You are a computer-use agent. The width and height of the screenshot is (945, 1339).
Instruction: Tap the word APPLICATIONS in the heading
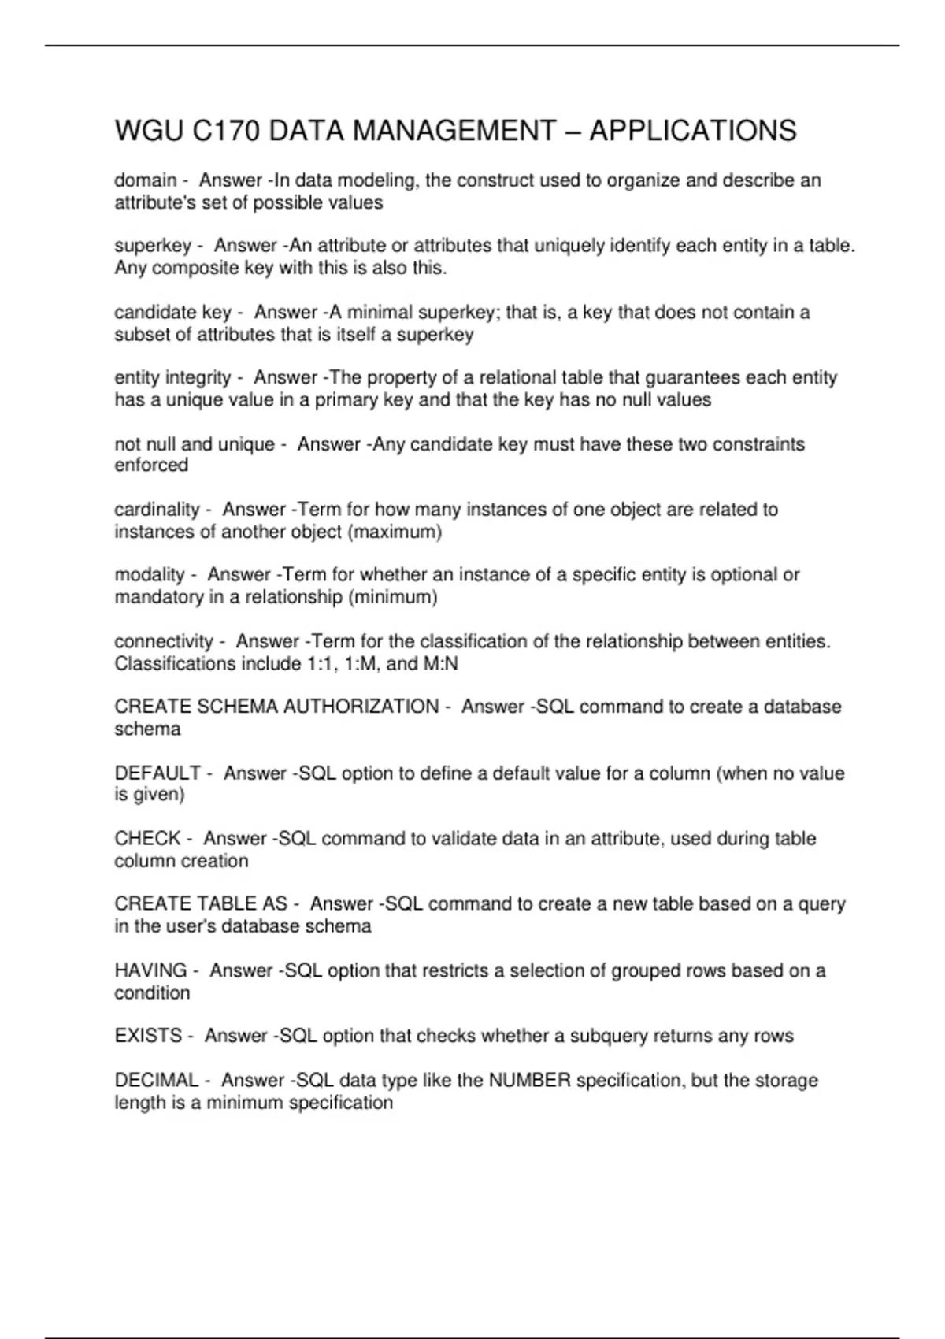692,131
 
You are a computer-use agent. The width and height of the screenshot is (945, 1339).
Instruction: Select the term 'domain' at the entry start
145,180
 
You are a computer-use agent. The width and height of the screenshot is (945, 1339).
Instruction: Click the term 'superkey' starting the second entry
153,246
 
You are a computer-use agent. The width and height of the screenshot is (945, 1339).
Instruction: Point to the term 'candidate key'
172,313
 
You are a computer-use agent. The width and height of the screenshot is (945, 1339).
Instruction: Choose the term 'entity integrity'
172,378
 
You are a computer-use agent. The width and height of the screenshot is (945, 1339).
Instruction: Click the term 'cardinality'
157,510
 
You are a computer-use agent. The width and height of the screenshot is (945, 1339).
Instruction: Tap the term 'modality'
150,575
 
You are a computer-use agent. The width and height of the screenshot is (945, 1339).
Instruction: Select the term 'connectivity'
164,642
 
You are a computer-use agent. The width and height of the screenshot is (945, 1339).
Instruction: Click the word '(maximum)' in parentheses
394,532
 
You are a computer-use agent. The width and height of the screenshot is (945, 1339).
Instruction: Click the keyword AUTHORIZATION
361,707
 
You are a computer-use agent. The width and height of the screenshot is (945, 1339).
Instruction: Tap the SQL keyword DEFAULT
157,773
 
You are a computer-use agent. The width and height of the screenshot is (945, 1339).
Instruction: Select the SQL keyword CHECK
147,839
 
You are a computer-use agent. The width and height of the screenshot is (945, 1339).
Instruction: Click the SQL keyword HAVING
150,970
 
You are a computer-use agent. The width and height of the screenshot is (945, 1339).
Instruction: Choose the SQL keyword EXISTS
148,1036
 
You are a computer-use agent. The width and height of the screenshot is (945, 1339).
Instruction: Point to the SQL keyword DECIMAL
156,1080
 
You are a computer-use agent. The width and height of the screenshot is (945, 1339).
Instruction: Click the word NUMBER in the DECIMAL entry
529,1080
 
